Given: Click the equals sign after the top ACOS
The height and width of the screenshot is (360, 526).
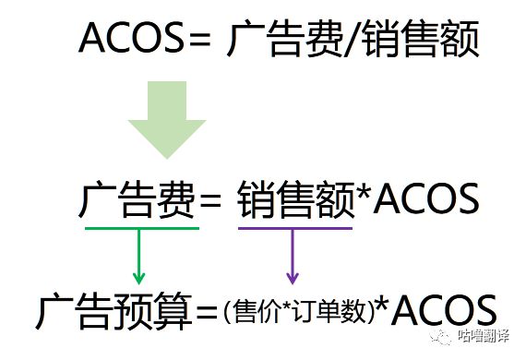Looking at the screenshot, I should pyautogui.click(x=201, y=40).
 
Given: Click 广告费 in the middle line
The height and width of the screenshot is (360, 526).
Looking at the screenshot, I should pyautogui.click(x=138, y=198).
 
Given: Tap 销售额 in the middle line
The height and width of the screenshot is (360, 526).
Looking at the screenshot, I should pyautogui.click(x=295, y=198).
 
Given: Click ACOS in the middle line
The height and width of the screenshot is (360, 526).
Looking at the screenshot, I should pyautogui.click(x=424, y=198).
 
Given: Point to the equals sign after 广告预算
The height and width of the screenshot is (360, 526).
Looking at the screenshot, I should pyautogui.click(x=205, y=314).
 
